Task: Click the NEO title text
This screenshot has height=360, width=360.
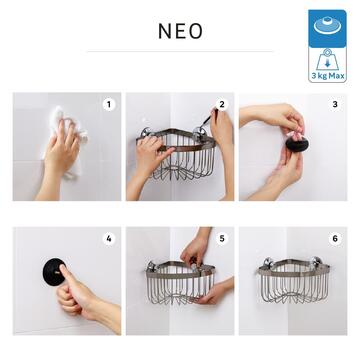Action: [180, 31]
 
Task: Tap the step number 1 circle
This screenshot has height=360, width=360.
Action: [109, 104]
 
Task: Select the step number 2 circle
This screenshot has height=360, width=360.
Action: [222, 104]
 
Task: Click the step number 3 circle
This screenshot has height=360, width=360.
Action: [335, 104]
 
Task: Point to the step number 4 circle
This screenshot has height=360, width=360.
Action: [109, 239]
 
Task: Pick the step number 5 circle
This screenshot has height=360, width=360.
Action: [222, 239]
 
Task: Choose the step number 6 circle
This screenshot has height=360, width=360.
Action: [335, 239]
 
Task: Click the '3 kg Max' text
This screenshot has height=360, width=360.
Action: [330, 76]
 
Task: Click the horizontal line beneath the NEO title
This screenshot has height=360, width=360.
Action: [180, 51]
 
